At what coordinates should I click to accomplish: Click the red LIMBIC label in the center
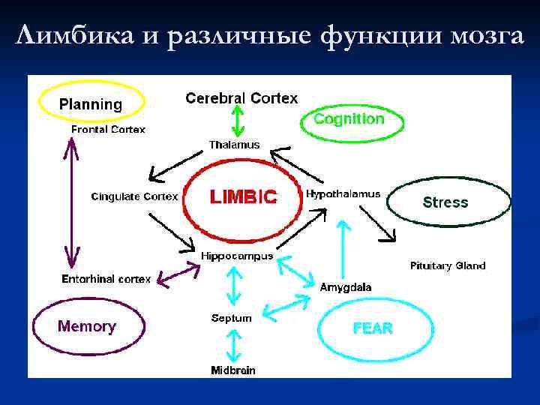pyautogui.click(x=243, y=197)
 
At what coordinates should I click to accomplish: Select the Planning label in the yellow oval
pyautogui.click(x=91, y=104)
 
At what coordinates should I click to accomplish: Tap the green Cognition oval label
pyautogui.click(x=349, y=118)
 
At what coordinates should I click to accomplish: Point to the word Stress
pyautogui.click(x=445, y=202)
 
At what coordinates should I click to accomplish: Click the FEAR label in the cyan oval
pyautogui.click(x=372, y=328)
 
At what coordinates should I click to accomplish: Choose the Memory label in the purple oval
pyautogui.click(x=87, y=326)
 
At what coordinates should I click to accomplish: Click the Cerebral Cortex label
pyautogui.click(x=241, y=98)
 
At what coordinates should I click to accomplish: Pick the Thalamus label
pyautogui.click(x=234, y=144)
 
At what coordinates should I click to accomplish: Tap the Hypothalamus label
pyautogui.click(x=343, y=193)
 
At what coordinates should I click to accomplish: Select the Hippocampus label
pyautogui.click(x=237, y=256)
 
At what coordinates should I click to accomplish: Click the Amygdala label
pyautogui.click(x=346, y=287)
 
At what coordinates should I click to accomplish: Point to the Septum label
pyautogui.click(x=232, y=318)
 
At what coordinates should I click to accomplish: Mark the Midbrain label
pyautogui.click(x=233, y=370)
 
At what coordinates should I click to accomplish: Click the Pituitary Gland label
pyautogui.click(x=448, y=265)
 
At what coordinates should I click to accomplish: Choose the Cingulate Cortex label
pyautogui.click(x=135, y=196)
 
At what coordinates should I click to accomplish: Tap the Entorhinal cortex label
pyautogui.click(x=106, y=279)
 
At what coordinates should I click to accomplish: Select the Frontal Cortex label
pyautogui.click(x=109, y=129)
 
